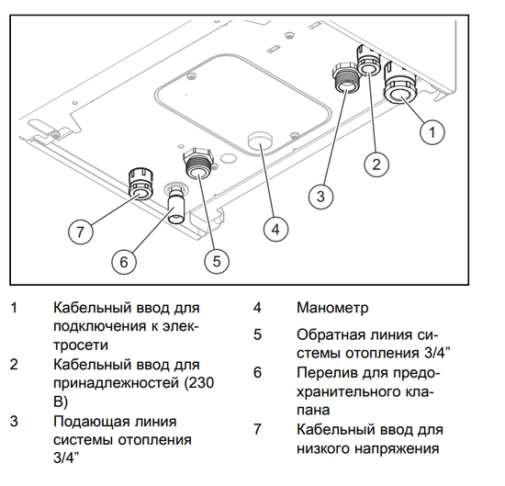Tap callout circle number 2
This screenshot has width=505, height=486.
coord(375,164)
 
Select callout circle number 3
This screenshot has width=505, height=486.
coord(319,195)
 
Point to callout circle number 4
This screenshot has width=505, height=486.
coord(273,228)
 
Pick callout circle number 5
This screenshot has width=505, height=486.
coord(217,261)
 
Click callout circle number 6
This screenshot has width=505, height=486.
coord(124,261)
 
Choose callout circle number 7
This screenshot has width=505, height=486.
coord(80,232)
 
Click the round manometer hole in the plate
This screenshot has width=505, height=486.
coord(261,141)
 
